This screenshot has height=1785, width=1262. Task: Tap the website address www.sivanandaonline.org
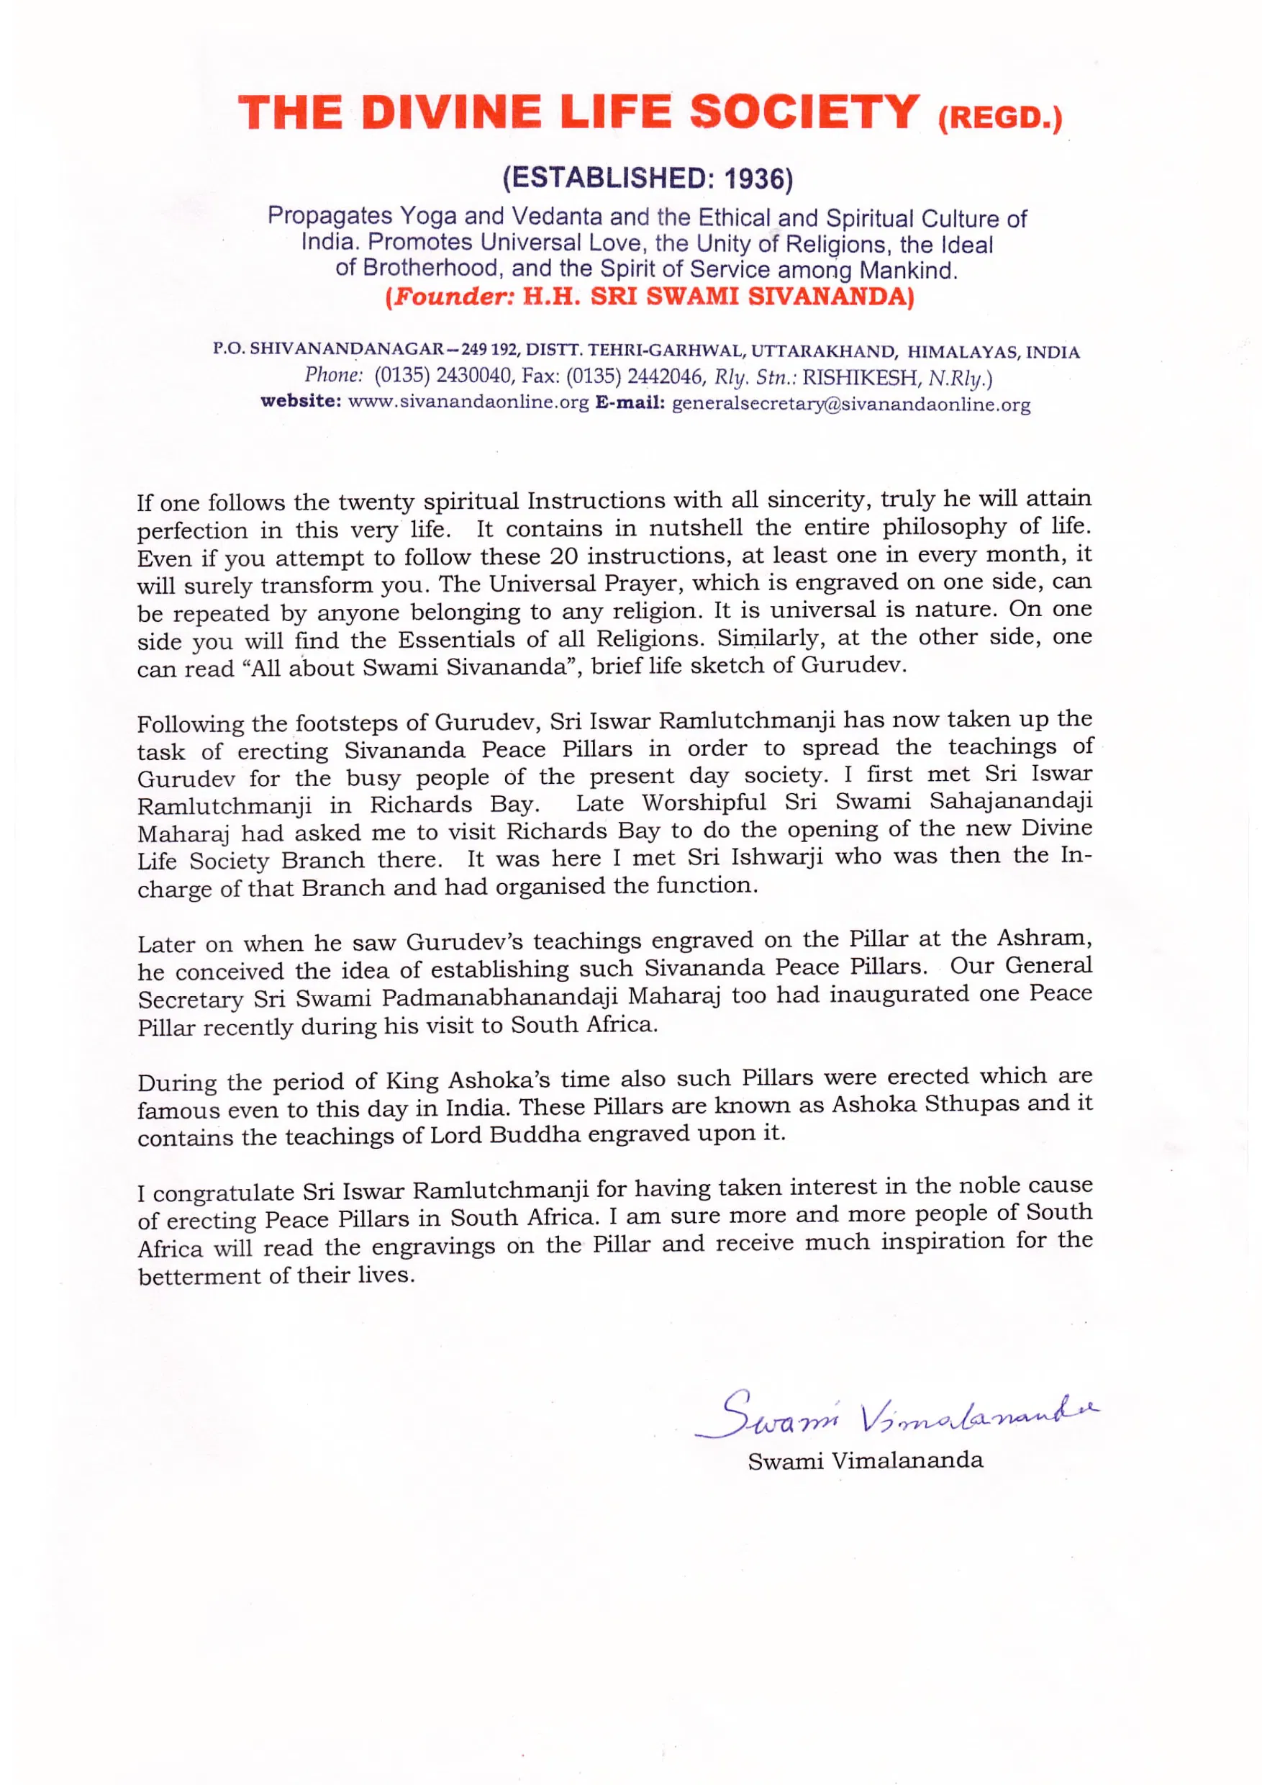tap(468, 403)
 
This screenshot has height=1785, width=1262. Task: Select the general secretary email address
tap(851, 405)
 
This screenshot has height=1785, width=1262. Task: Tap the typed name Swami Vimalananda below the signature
tap(865, 1462)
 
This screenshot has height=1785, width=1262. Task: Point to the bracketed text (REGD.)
tap(999, 119)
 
